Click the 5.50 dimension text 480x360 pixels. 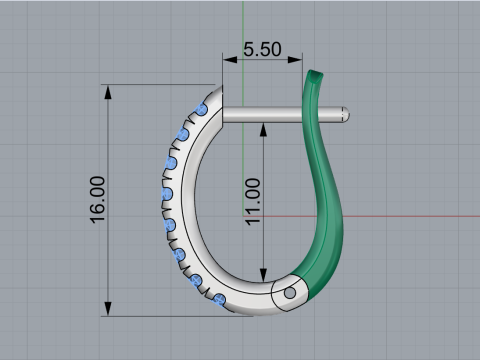tap(262, 47)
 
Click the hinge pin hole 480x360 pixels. tap(290, 294)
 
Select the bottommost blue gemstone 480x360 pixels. tap(220, 299)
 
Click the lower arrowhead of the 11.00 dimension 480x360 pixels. tap(263, 276)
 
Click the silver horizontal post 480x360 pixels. tap(270, 114)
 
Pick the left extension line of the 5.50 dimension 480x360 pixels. tap(223, 75)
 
